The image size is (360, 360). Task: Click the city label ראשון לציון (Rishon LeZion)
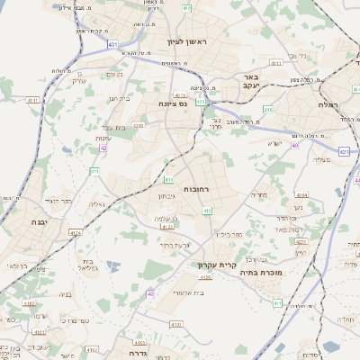click(x=186, y=42)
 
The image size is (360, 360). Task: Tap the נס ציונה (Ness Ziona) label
click(x=173, y=103)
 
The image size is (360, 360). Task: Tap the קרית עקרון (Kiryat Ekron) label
click(x=217, y=265)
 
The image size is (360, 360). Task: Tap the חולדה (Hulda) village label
click(x=346, y=319)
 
